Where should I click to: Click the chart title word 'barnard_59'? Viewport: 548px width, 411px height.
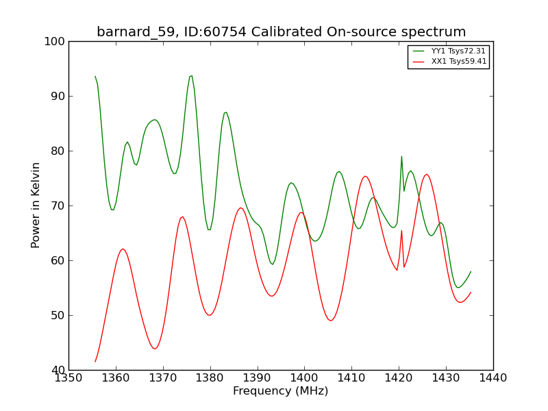[x=136, y=32]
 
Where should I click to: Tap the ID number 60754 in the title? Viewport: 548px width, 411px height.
[x=225, y=32]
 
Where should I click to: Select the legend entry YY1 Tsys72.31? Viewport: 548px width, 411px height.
[x=449, y=51]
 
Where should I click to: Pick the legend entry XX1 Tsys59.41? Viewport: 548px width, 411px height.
[x=449, y=62]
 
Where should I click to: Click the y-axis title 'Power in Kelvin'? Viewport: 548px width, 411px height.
[x=36, y=205]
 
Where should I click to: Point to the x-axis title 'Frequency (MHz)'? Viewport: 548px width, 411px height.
[x=281, y=390]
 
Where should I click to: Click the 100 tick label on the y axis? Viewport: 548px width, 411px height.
[x=55, y=42]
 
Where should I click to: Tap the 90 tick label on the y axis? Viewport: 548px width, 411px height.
[x=58, y=96]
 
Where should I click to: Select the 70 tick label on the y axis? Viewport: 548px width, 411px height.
[x=58, y=206]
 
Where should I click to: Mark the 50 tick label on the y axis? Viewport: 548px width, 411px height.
[x=58, y=316]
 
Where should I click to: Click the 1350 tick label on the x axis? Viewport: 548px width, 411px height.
[x=69, y=378]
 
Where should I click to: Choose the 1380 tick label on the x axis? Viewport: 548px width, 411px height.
[x=210, y=378]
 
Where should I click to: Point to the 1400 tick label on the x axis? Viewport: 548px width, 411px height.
[x=304, y=378]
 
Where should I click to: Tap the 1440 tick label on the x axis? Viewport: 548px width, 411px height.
[x=493, y=378]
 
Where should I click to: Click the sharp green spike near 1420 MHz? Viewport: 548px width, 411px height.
[x=401, y=157]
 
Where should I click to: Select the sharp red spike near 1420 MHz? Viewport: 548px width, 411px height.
[x=401, y=231]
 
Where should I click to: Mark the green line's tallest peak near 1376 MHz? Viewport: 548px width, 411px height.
[x=191, y=76]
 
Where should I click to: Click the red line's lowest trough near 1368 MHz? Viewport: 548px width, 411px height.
[x=155, y=349]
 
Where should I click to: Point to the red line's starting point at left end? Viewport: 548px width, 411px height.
[x=95, y=362]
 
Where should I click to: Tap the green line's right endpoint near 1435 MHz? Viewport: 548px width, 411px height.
[x=471, y=271]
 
